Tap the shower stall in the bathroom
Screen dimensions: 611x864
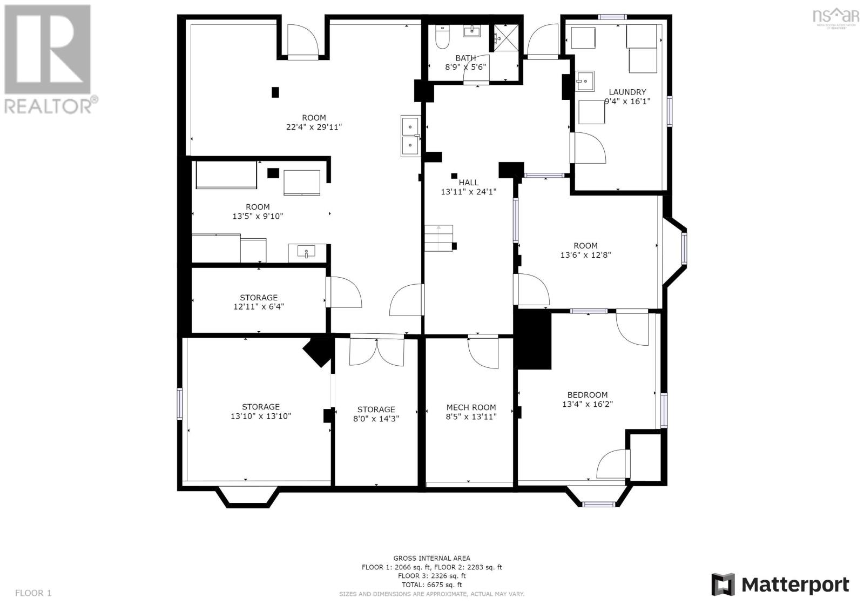click(505, 37)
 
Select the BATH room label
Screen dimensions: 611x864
click(465, 58)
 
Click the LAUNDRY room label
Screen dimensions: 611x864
click(627, 92)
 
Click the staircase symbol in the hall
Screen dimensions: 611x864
click(438, 238)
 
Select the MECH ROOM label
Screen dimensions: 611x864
click(471, 407)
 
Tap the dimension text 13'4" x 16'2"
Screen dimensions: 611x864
click(588, 404)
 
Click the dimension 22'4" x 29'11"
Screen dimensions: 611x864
click(314, 127)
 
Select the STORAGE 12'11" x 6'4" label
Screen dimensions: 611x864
click(259, 298)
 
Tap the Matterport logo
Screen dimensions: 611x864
click(780, 585)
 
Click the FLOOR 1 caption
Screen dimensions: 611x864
click(33, 593)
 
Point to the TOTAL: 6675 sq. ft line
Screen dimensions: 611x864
click(431, 585)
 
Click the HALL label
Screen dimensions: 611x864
click(468, 183)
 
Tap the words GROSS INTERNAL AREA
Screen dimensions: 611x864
click(431, 558)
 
